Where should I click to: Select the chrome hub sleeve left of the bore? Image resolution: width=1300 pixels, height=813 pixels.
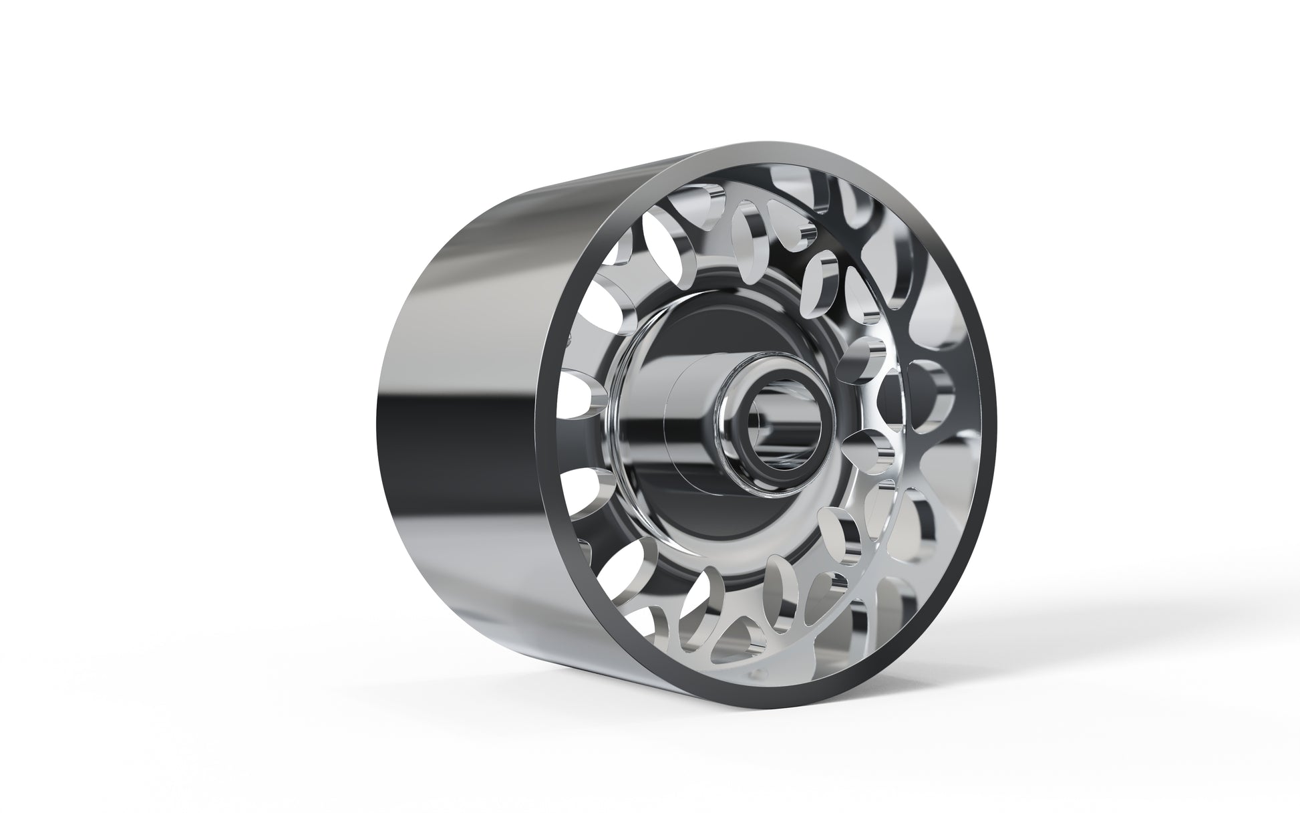pos(695,428)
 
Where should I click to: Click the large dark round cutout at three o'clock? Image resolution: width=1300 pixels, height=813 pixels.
pos(929,401)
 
